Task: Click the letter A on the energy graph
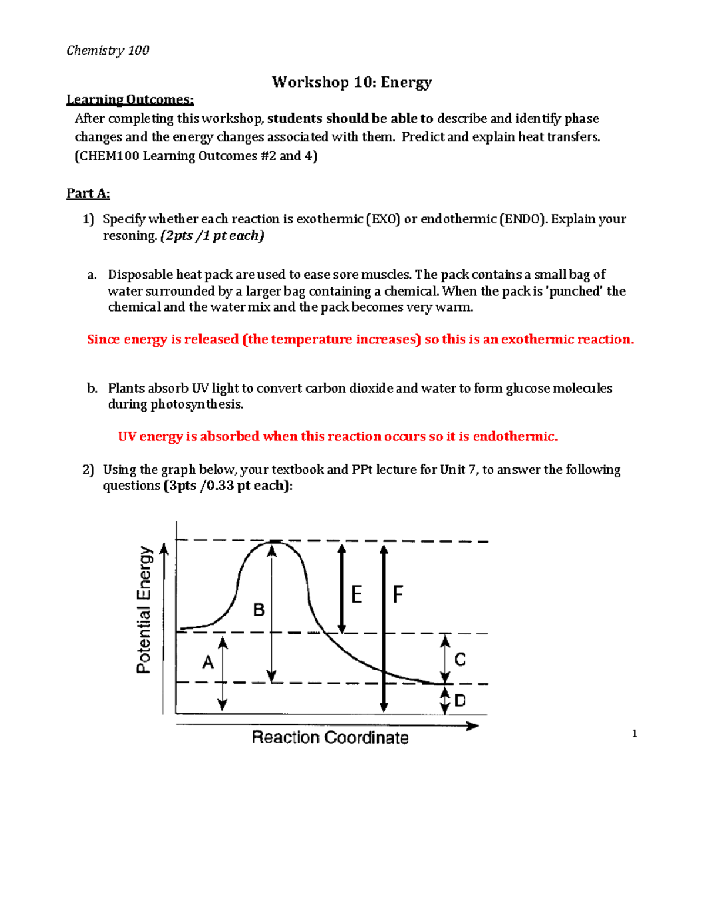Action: [x=208, y=663]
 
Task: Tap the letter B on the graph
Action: [x=258, y=610]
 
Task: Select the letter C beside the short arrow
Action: [x=460, y=660]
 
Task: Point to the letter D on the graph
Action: [x=460, y=700]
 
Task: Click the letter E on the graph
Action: [x=357, y=594]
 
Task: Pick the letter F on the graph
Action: [x=398, y=594]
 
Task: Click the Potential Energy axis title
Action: [x=145, y=610]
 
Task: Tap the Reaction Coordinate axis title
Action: [x=330, y=737]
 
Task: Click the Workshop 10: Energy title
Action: [x=351, y=82]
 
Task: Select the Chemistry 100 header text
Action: [x=108, y=51]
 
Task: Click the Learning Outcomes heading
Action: [x=130, y=100]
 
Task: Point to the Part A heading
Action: [x=88, y=193]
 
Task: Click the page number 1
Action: [x=634, y=733]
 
